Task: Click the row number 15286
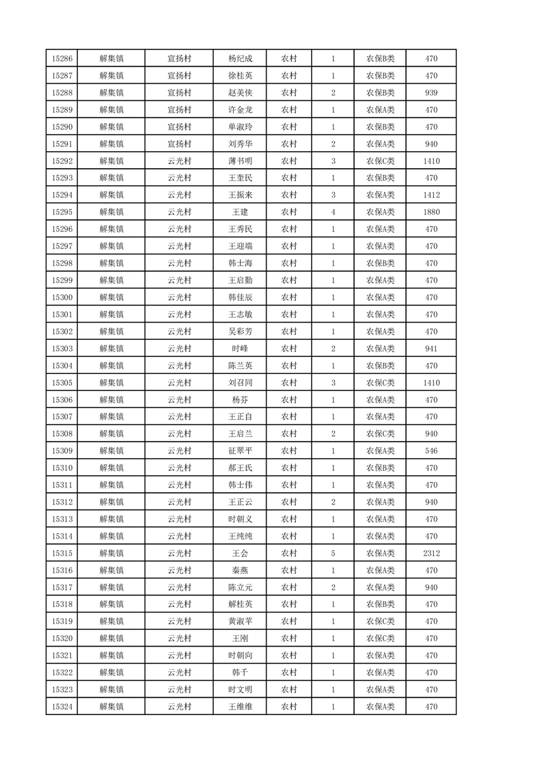62,59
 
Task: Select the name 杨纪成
240,59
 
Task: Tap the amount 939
431,93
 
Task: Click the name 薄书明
240,161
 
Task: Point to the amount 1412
431,196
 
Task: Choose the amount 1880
431,213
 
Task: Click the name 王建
240,213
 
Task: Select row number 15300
62,297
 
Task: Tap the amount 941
431,349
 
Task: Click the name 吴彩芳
240,332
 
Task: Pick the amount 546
431,451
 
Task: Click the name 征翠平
240,451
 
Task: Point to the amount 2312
431,553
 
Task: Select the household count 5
333,553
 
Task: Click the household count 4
333,213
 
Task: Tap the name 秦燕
240,570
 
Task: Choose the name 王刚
240,638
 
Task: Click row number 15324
62,707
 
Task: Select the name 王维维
240,707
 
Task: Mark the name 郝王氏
240,468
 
